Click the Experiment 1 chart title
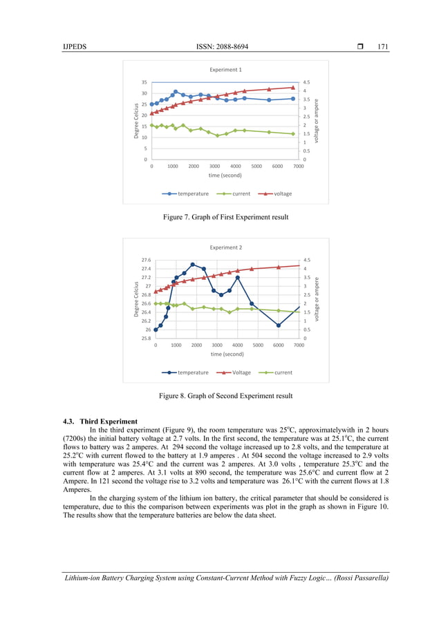tap(226, 70)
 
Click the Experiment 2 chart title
tap(226, 247)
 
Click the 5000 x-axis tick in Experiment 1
tap(256, 167)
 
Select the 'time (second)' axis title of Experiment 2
tap(226, 354)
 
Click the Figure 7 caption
tap(225, 218)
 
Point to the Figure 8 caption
tap(225, 396)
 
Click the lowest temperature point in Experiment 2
tap(279, 325)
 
